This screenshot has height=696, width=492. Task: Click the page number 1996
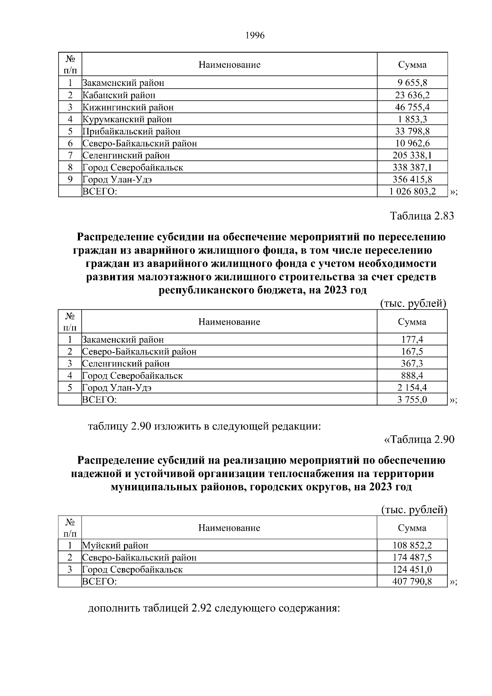255,36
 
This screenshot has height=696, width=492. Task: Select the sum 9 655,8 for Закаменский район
412,83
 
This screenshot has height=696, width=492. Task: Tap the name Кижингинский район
128,107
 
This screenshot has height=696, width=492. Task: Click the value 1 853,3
412,119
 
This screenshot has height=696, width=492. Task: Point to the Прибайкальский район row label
131,132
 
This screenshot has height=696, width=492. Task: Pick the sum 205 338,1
412,155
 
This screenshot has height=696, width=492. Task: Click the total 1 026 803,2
412,191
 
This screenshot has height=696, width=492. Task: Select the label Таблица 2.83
422,216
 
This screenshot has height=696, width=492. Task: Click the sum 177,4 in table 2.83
412,340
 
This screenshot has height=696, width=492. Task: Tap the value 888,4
412,375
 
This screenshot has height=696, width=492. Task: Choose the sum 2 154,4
412,387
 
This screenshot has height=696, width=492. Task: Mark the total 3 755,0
412,400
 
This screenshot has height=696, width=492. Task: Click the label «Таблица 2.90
419,439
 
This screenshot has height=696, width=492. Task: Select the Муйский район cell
115,546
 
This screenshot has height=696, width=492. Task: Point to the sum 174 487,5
412,557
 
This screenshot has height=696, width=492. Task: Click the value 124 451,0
412,569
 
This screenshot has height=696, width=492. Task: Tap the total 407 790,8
412,581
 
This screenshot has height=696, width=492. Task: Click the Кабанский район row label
119,96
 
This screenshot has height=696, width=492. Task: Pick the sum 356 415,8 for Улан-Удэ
412,179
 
